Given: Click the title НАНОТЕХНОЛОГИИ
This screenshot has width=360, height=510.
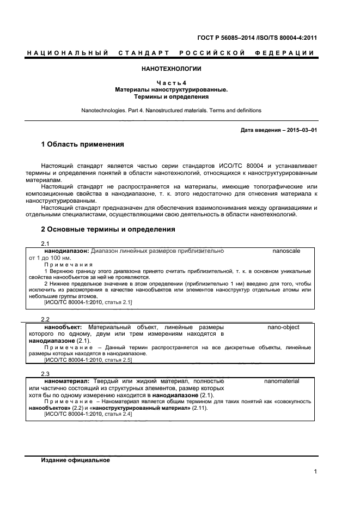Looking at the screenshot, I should (172, 69).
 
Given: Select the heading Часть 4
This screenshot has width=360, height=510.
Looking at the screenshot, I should (172, 83).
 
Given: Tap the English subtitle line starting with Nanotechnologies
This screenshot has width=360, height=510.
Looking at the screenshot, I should (172, 110).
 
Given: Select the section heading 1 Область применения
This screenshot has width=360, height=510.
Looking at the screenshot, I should (83, 145).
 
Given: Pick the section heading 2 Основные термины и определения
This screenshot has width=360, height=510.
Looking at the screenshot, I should (108, 229).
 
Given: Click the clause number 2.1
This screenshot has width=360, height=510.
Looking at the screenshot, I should (46, 244).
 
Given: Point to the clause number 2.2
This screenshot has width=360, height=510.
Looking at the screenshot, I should (46, 319).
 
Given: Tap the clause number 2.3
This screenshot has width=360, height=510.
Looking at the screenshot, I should (46, 374).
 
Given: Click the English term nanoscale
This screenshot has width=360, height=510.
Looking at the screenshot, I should (286, 251).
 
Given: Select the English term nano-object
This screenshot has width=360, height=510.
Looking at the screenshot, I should (283, 327).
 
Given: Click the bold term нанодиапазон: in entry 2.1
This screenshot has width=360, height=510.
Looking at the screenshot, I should (66, 251).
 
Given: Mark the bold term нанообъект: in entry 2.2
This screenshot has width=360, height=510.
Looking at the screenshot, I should (63, 327).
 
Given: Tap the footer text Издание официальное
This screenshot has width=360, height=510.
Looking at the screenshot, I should (76, 460).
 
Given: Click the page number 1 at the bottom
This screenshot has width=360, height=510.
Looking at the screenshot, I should (315, 472).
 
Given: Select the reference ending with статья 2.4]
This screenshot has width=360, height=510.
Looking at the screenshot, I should (88, 415).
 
